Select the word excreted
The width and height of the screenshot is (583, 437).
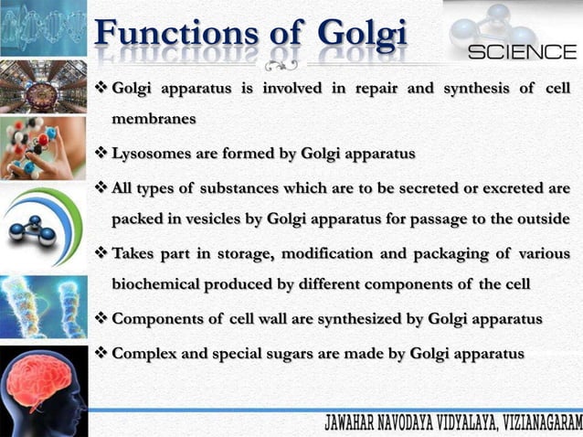pos(506,189)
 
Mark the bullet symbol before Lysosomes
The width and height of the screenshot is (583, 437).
pos(101,153)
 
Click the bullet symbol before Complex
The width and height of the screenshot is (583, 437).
pos(101,352)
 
